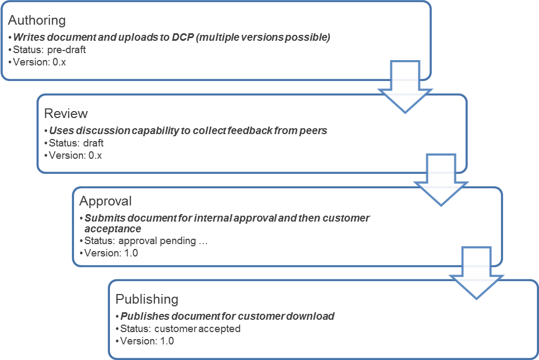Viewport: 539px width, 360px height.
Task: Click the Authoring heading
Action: point(37,20)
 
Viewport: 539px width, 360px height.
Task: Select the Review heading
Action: point(66,114)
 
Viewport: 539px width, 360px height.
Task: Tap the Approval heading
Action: point(105,201)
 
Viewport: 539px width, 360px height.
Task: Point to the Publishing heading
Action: point(146,299)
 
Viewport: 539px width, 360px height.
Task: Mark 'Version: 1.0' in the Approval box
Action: point(110,253)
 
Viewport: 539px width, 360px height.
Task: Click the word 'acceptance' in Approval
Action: point(113,229)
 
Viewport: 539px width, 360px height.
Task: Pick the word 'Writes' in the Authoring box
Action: point(28,38)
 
